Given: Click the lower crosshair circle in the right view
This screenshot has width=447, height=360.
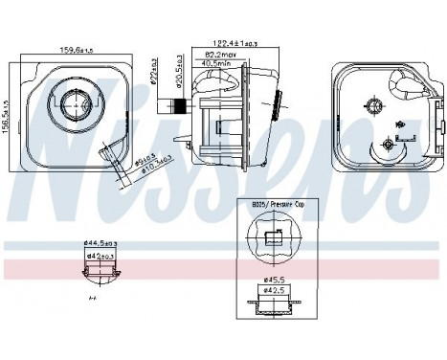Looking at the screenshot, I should point(387,144).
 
